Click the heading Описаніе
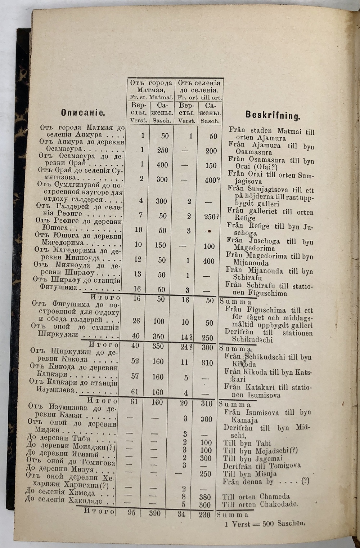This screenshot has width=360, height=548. click(83, 112)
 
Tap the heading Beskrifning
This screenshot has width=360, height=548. click(273, 115)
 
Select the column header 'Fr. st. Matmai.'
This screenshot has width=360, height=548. click(151, 98)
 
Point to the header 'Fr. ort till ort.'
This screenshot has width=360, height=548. click(199, 98)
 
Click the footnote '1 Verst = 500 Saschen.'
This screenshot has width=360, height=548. click(265, 524)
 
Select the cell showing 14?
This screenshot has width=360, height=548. click(186, 337)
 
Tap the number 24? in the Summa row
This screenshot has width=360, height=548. click(186, 347)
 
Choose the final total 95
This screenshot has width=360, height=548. click(131, 513)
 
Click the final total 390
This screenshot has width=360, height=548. click(155, 513)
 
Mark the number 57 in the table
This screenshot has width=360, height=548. click(135, 376)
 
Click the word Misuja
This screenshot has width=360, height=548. click(266, 474)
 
